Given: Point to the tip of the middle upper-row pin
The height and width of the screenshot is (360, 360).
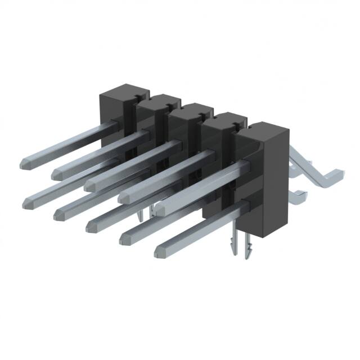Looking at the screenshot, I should click(x=89, y=184).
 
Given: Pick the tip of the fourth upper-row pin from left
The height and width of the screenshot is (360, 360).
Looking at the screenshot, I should click(x=122, y=197).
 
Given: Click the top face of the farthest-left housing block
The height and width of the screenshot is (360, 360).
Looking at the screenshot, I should click(x=123, y=89).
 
